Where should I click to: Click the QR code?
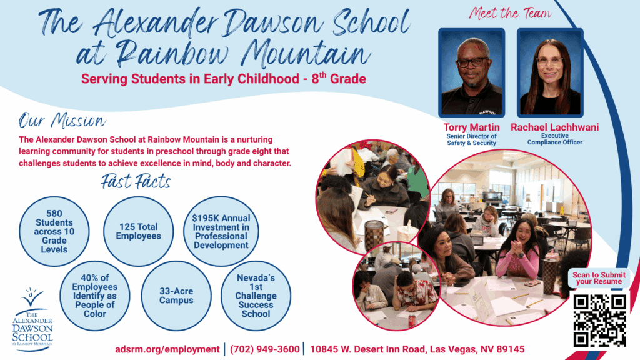[599, 320]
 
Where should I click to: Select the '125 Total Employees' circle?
[138, 231]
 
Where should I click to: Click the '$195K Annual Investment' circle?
[221, 231]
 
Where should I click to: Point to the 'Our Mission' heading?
[62, 121]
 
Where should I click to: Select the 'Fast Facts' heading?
[136, 182]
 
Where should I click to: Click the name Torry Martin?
[471, 127]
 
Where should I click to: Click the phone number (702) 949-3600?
[264, 349]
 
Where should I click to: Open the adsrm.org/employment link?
[167, 349]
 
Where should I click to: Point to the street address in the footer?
[417, 349]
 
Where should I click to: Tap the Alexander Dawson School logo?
[33, 319]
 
